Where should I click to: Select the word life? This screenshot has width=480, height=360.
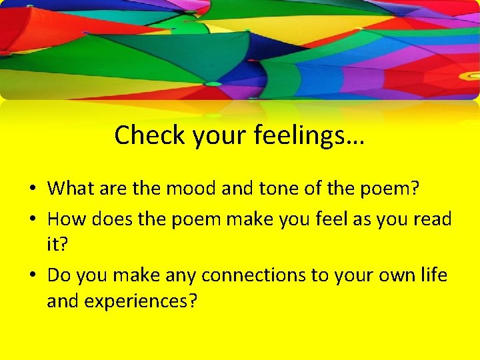click(x=432, y=275)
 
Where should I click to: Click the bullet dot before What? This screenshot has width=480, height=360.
click(x=32, y=189)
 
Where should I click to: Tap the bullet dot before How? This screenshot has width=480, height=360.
click(x=32, y=219)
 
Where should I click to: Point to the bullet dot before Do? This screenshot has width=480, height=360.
click(x=32, y=275)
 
